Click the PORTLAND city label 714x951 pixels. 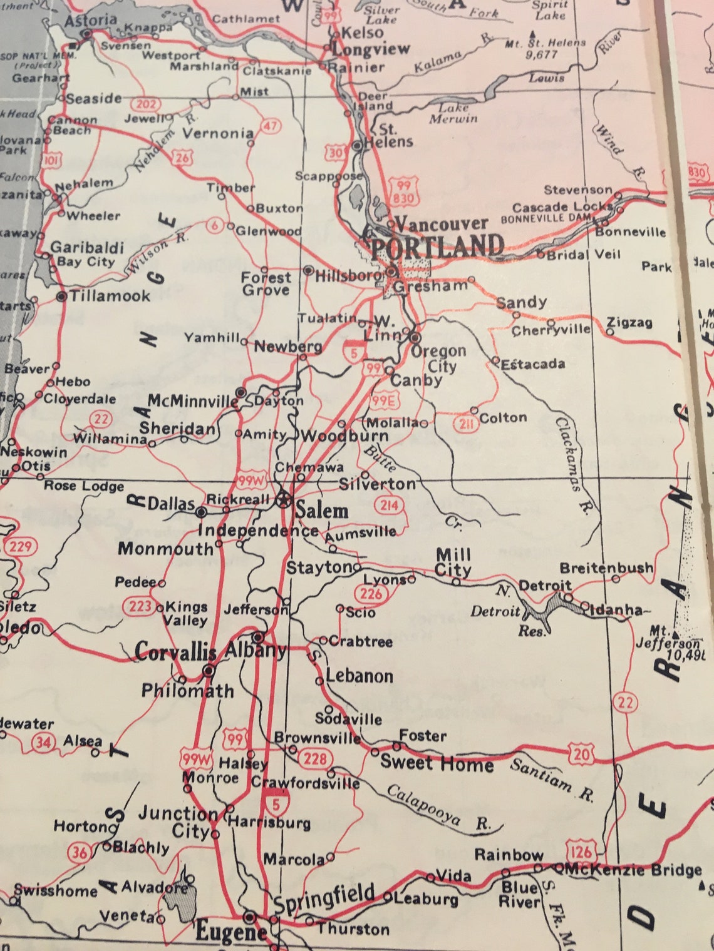(437, 246)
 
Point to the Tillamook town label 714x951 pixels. (110, 296)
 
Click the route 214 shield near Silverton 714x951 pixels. (388, 505)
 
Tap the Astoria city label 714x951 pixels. (91, 20)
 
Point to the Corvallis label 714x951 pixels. (175, 652)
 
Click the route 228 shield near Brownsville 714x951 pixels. (315, 758)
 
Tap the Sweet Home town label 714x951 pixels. (437, 763)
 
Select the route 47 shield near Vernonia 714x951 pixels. (269, 126)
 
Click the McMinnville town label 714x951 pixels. (193, 401)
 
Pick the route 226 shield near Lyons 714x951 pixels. (370, 592)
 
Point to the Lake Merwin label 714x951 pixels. (453, 113)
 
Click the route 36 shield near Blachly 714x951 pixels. (79, 852)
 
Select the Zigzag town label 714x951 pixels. (629, 323)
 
